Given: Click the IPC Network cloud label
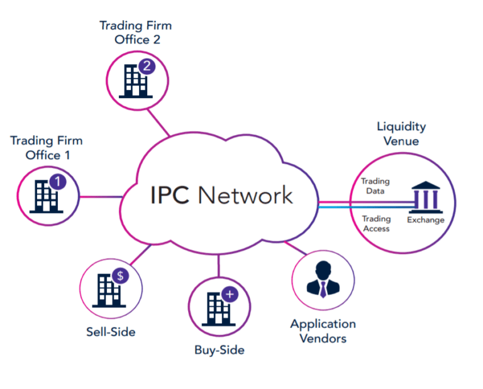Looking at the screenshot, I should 222,195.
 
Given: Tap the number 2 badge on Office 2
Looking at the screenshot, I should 147,66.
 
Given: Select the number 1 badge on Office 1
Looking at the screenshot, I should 57,182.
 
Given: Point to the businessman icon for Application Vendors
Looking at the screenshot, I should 323,281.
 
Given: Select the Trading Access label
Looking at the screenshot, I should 377,224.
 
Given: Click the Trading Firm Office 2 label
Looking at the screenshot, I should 135,33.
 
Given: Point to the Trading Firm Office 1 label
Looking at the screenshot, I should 46,148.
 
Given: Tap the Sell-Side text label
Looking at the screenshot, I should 111,331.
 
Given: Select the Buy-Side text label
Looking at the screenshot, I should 219,350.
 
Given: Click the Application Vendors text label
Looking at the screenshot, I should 323,331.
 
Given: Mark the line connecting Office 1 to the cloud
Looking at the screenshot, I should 101,197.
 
